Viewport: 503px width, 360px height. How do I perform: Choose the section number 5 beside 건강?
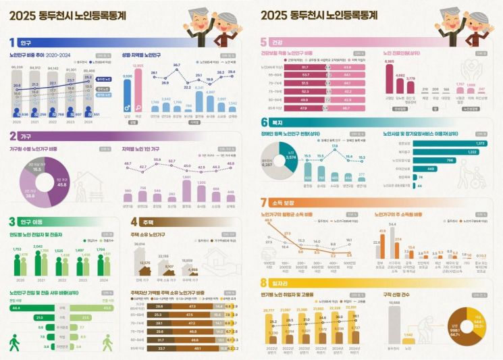(x=264, y=41)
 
